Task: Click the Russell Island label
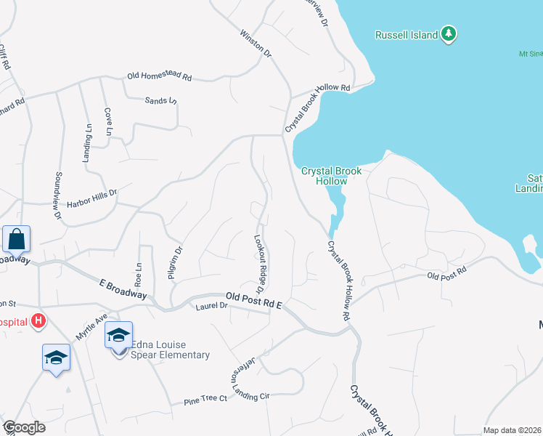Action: (x=407, y=35)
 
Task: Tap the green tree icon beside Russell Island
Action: (x=449, y=33)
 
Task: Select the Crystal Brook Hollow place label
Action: (x=331, y=176)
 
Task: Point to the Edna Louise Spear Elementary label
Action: (x=161, y=350)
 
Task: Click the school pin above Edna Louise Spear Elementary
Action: (x=118, y=336)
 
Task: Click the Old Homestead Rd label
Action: (x=159, y=76)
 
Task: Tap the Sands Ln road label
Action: (x=160, y=101)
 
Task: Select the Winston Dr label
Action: (x=255, y=44)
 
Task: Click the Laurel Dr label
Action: (x=212, y=307)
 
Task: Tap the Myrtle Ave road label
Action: (x=91, y=327)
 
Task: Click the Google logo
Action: (x=24, y=427)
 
